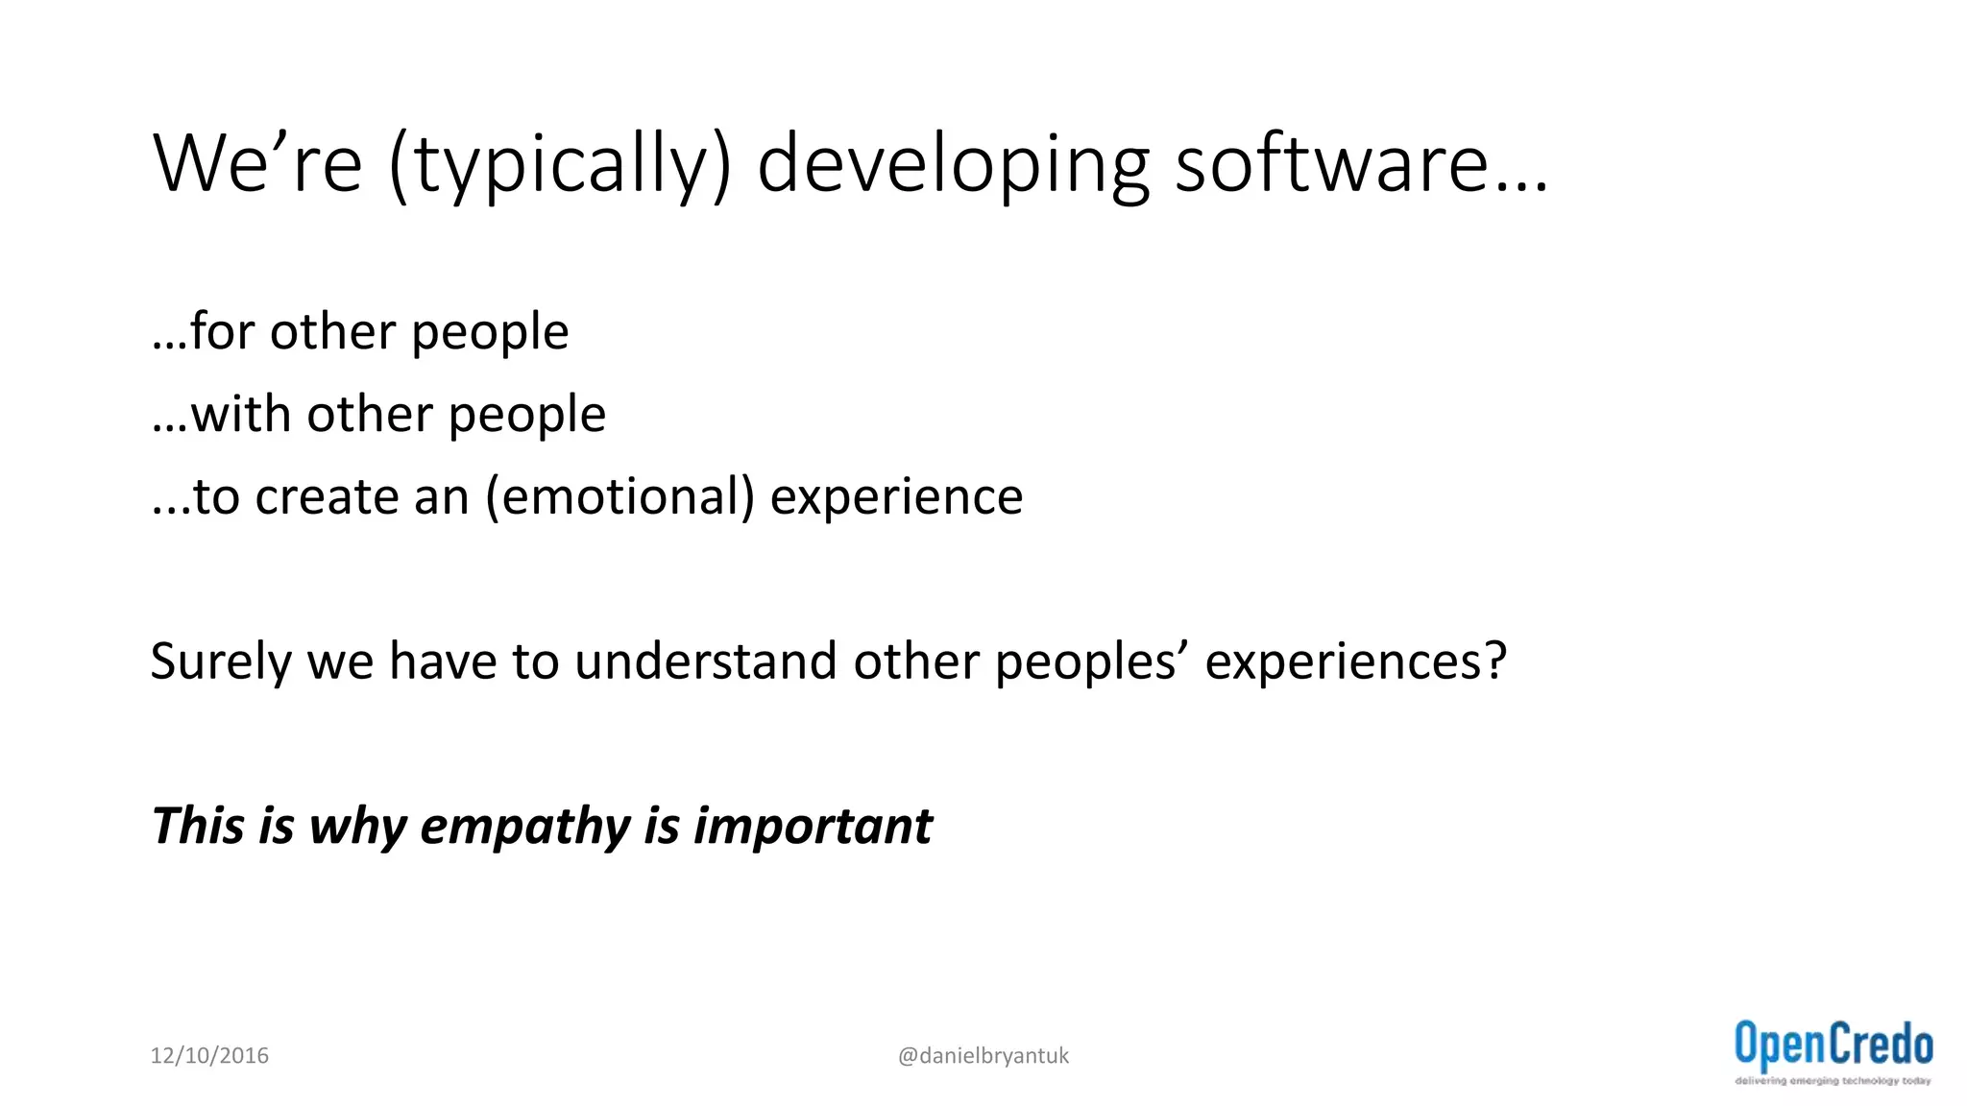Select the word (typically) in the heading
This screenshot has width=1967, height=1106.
click(x=561, y=165)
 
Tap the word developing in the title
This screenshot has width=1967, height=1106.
click(x=953, y=165)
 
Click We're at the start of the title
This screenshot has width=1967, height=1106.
click(x=257, y=163)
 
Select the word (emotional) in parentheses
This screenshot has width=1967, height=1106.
click(x=620, y=497)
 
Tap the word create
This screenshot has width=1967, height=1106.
click(x=327, y=497)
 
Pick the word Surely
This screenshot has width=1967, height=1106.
click(x=220, y=662)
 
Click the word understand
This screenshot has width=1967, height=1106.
click(x=706, y=661)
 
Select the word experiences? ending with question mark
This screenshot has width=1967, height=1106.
click(x=1355, y=662)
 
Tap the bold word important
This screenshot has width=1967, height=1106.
click(x=813, y=828)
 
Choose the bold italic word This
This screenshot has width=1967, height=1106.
click(x=197, y=826)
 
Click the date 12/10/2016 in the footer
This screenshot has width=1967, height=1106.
click(x=209, y=1055)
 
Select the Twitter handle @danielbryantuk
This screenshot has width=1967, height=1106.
click(x=983, y=1055)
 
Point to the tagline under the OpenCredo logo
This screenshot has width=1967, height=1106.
click(x=1833, y=1081)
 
